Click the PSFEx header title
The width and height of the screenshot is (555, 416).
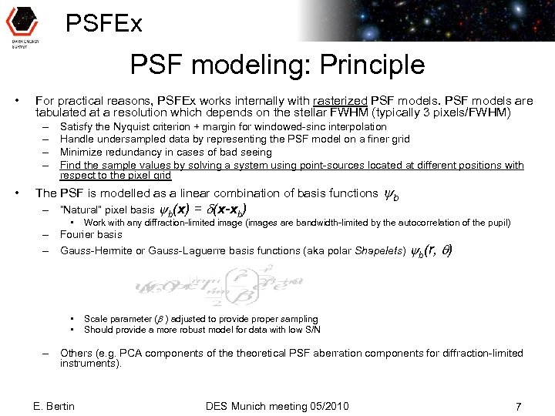[104, 23]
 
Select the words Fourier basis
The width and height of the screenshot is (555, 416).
[91, 235]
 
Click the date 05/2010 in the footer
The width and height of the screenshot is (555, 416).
[327, 406]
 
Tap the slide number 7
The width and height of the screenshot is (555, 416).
[519, 406]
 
